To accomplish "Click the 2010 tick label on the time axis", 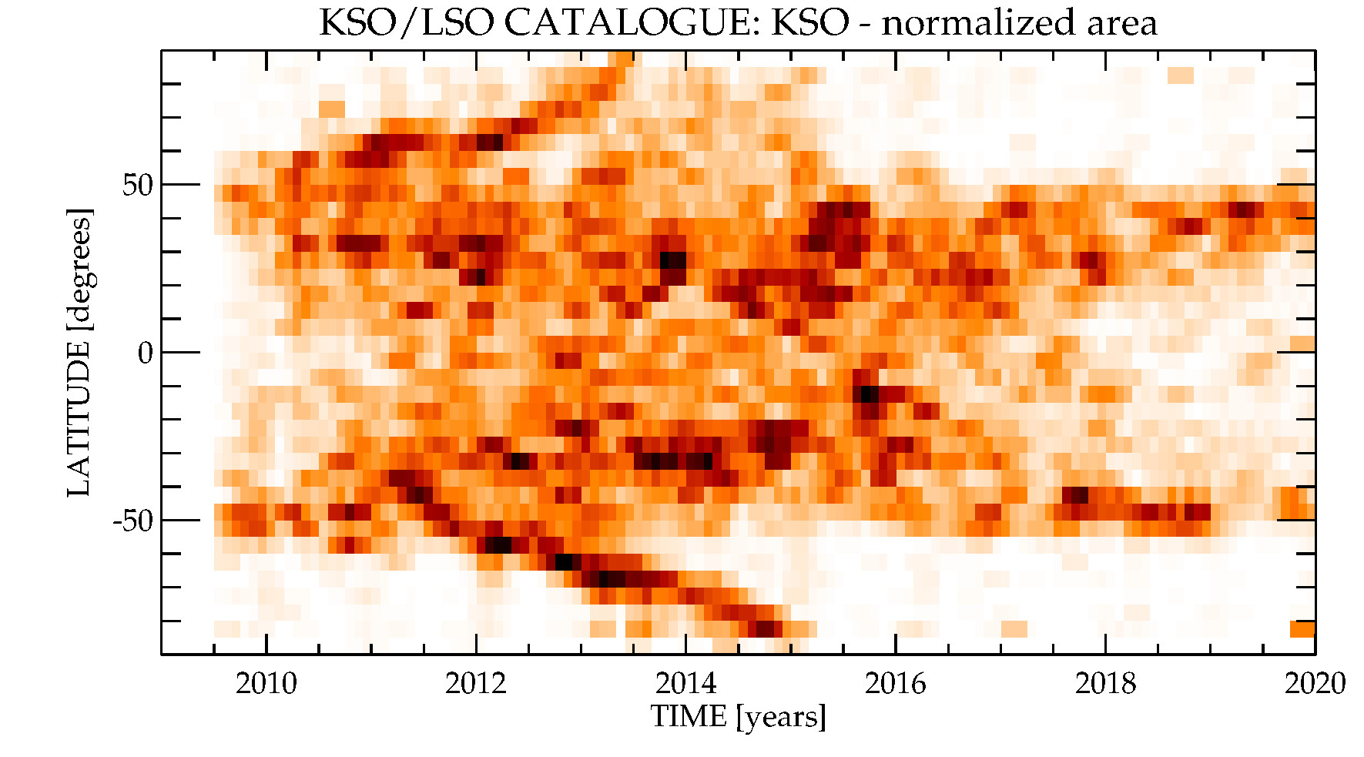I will [266, 683].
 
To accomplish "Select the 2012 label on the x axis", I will [475, 683].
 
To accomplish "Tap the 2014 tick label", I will [685, 683].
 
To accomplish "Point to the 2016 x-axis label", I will [895, 683].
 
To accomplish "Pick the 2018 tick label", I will [1105, 683].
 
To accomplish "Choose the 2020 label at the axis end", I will [1315, 683].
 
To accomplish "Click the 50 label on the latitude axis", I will [138, 185].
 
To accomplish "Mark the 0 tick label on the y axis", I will [146, 353].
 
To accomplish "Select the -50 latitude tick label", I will [132, 521].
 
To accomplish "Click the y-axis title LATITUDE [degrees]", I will [79, 353].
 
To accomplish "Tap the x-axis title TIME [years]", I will [738, 717].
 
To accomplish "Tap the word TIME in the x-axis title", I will [689, 717].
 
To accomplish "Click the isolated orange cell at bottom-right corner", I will [1302, 629].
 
